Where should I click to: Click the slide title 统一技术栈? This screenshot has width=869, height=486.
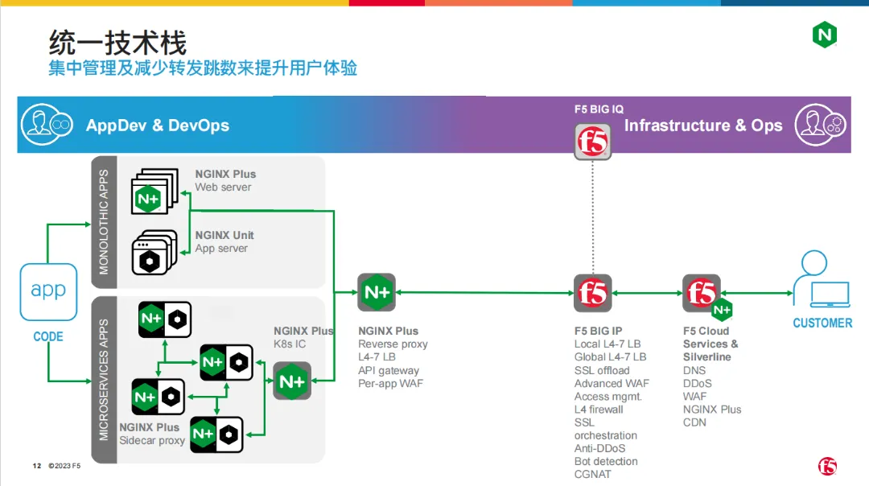pyautogui.click(x=117, y=42)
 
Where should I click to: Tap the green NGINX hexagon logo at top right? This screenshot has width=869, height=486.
pyautogui.click(x=824, y=35)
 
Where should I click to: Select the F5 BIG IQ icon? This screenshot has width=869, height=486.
pyautogui.click(x=592, y=142)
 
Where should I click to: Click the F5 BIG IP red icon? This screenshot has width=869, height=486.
pyautogui.click(x=592, y=293)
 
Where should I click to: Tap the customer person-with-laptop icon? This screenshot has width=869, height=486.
pyautogui.click(x=822, y=282)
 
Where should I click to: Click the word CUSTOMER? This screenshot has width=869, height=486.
pyautogui.click(x=822, y=323)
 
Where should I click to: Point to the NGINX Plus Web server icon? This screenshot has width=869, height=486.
pyautogui.click(x=153, y=192)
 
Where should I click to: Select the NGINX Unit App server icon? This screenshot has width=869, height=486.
pyautogui.click(x=153, y=253)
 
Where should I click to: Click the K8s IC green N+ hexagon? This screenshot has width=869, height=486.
pyautogui.click(x=292, y=381)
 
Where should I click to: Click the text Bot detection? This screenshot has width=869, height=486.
pyautogui.click(x=606, y=462)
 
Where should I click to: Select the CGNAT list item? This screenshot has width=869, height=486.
pyautogui.click(x=592, y=475)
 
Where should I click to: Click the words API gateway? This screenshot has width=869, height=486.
pyautogui.click(x=389, y=370)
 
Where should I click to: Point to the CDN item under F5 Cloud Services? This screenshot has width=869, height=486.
pyautogui.click(x=694, y=422)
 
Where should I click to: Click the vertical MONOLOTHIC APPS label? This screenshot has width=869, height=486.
pyautogui.click(x=104, y=222)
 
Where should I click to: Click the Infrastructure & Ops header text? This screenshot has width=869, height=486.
pyautogui.click(x=703, y=126)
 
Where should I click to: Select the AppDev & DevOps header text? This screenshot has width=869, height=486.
pyautogui.click(x=158, y=126)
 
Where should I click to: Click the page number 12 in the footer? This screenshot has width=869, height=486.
pyautogui.click(x=36, y=466)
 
